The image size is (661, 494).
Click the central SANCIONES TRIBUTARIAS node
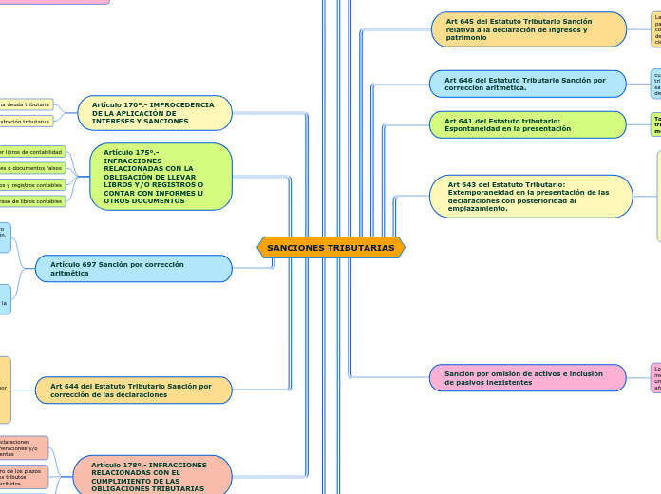click(330, 248)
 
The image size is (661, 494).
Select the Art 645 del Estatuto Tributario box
click(529, 29)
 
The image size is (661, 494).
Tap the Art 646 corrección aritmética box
click(528, 84)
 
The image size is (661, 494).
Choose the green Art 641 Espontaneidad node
click(528, 124)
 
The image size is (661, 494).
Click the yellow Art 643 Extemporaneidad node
click(531, 197)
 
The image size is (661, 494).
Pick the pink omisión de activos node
click(528, 378)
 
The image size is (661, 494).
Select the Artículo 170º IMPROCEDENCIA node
click(156, 113)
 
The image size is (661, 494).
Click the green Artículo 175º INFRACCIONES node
click(161, 177)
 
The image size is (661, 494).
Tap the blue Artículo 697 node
click(134, 269)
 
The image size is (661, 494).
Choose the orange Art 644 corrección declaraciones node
click(134, 390)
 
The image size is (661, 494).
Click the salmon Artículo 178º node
click(153, 476)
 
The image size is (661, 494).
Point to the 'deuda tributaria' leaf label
click(27, 104)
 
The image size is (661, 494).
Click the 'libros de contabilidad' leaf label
click(32, 152)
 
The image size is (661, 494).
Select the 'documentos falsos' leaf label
click(32, 168)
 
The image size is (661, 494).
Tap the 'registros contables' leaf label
click(32, 185)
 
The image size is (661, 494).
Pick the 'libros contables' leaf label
click(32, 201)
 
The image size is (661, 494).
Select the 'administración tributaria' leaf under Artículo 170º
click(27, 122)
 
